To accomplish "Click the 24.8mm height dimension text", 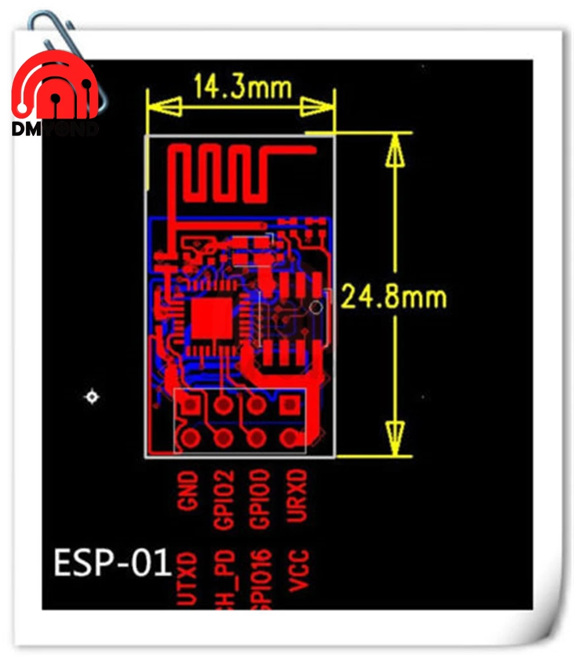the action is [394, 297].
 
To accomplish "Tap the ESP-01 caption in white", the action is [113, 562].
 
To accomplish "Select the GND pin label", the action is [189, 491].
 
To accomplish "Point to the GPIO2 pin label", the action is [224, 499].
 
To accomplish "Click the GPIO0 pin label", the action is [259, 499].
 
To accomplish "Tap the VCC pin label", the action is [299, 570].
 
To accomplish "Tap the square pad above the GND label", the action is [190, 405].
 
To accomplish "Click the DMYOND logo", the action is [56, 95].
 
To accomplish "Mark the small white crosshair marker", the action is [92, 397].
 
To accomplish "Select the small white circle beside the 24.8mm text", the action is [315, 306].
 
